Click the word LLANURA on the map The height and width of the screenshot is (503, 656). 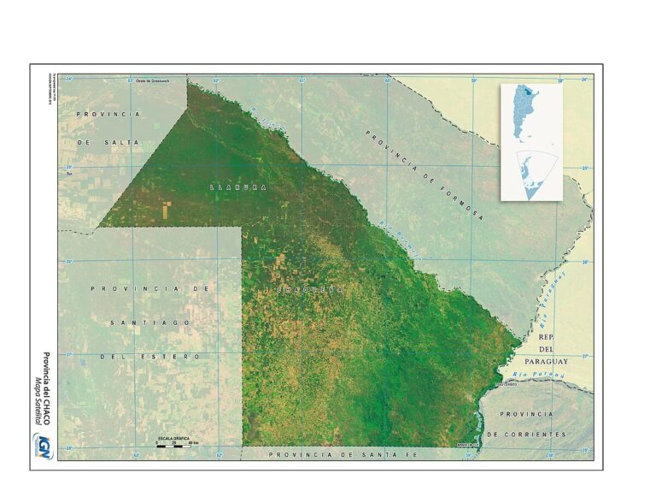click(237, 186)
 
